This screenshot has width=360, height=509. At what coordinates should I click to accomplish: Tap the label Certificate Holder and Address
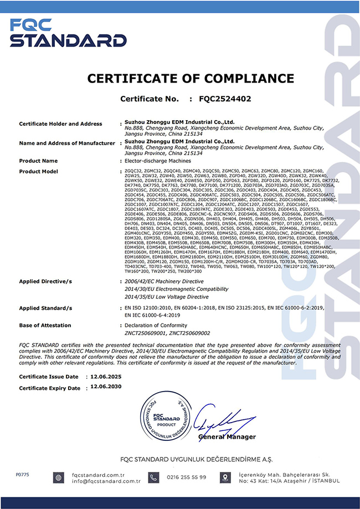point(60,124)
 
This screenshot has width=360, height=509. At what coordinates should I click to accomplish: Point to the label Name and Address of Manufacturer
point(66,143)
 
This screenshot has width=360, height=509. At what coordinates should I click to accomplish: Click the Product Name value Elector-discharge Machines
point(151,161)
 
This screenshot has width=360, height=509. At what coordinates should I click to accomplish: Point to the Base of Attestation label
point(45,325)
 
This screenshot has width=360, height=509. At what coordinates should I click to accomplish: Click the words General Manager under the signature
point(227,437)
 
